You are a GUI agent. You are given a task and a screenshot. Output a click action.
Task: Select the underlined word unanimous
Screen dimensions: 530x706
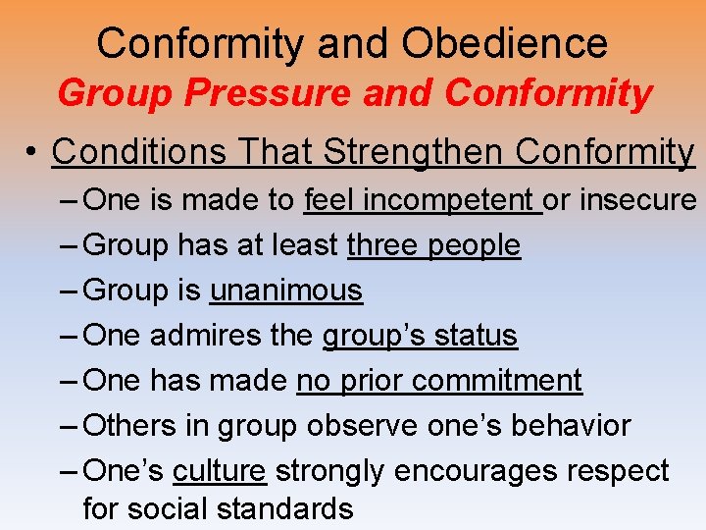tap(285, 291)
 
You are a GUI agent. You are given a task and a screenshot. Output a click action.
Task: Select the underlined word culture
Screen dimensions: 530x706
tap(219, 471)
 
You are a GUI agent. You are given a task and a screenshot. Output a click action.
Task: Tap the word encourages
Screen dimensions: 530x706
tap(469, 472)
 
